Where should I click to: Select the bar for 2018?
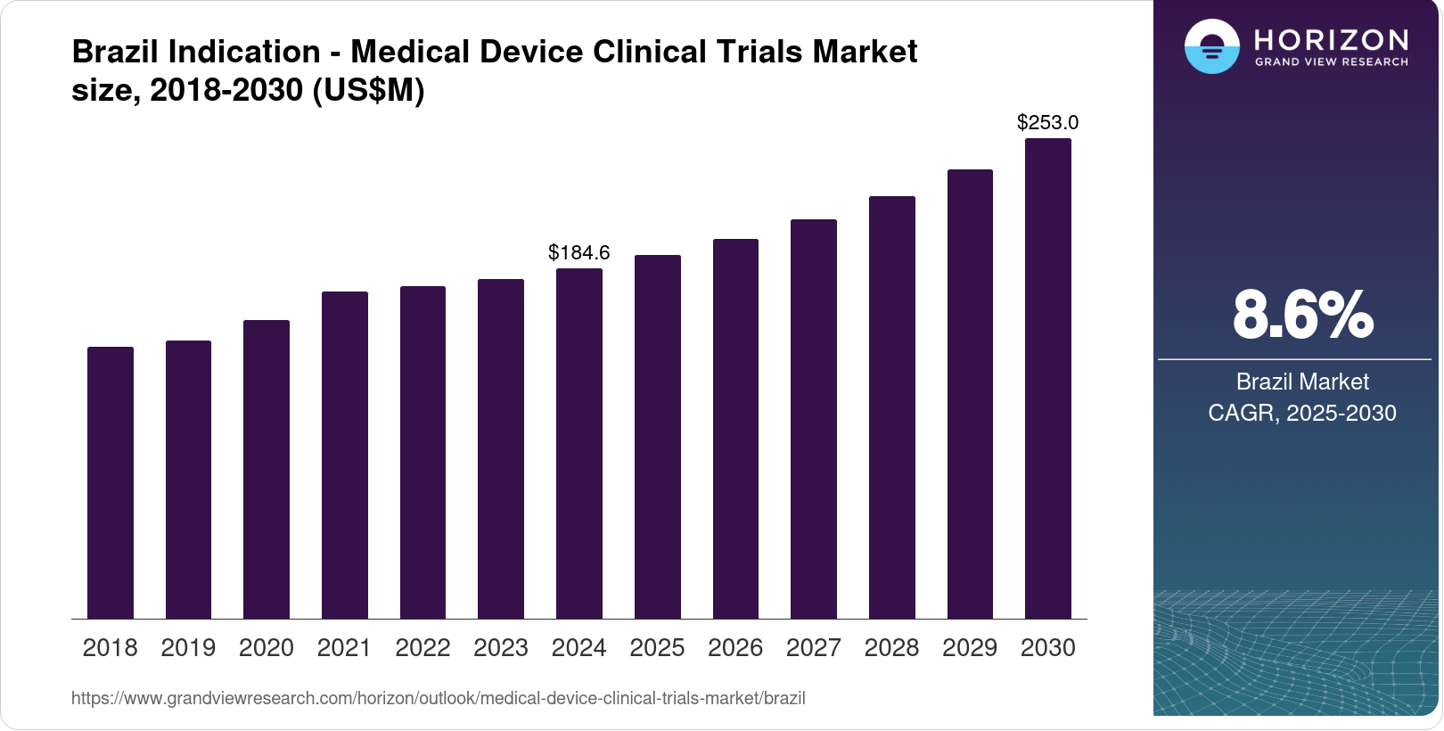pos(111,482)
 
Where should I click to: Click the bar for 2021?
pos(345,455)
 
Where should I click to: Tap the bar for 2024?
pos(579,443)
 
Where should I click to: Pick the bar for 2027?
pos(814,419)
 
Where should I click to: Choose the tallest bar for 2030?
pos(1048,378)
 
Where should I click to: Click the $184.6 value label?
pos(579,252)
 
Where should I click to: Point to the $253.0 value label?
pos(1048,122)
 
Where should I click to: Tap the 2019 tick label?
pos(188,647)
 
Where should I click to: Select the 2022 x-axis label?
pos(423,647)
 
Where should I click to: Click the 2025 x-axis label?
pos(657,647)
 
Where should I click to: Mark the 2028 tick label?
pos(891,647)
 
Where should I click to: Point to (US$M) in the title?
pos(368,90)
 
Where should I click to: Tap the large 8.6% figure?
pos(1302,315)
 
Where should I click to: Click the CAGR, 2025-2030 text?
pos(1302,413)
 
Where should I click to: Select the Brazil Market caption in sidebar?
pos(1302,382)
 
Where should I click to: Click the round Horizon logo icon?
pos(1211,46)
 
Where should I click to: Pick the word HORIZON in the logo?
pos(1332,39)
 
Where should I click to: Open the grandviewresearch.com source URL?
pos(438,698)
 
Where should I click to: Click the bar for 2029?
pos(970,394)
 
